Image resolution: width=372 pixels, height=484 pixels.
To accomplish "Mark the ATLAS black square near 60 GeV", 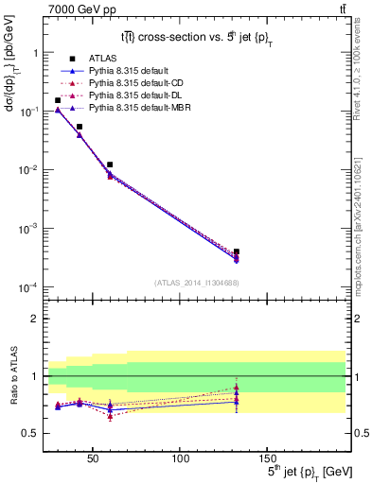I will (x=110, y=164).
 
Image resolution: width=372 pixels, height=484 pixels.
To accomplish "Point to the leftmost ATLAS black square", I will (x=58, y=100).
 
